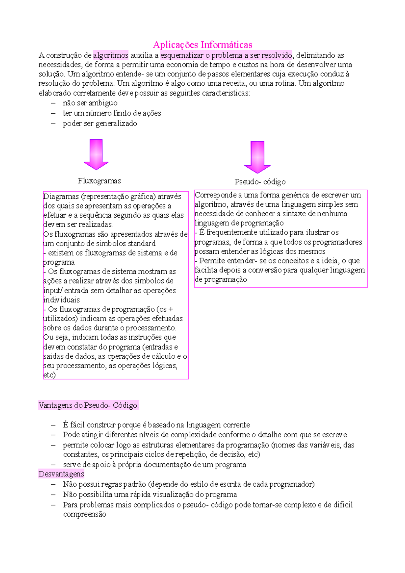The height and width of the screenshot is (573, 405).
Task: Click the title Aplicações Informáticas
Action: click(202, 45)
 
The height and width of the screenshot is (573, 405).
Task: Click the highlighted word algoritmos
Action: click(111, 55)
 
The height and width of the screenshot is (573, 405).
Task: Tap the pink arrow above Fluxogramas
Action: click(96, 154)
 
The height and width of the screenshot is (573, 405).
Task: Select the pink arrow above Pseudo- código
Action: click(257, 157)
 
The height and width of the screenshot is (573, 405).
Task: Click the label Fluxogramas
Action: click(99, 181)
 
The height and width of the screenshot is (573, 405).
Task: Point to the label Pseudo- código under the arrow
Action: click(260, 182)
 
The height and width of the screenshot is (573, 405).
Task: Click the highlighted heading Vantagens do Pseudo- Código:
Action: click(89, 405)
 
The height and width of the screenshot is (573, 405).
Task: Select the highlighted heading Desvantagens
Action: click(61, 474)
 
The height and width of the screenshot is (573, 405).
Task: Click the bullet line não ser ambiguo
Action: click(90, 103)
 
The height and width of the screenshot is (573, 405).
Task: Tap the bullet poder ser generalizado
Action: click(100, 124)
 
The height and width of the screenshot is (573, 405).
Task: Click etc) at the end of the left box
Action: click(49, 375)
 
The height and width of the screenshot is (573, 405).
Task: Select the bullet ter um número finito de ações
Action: click(112, 113)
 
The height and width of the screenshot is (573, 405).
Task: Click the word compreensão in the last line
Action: click(85, 514)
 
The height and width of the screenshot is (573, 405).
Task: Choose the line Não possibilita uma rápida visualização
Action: click(150, 495)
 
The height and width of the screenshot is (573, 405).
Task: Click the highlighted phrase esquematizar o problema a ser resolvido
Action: click(226, 55)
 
